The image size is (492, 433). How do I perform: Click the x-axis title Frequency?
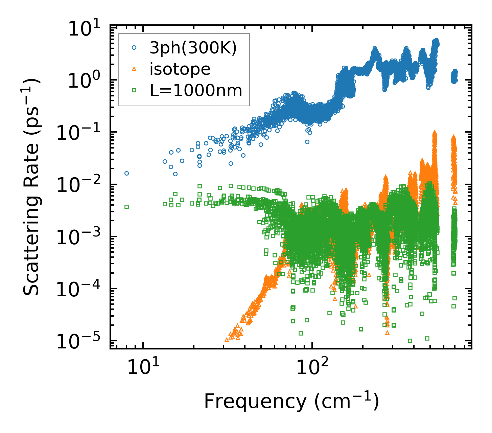[291, 402]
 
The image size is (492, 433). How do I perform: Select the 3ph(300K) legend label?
[193, 48]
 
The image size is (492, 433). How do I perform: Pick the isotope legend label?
[180, 69]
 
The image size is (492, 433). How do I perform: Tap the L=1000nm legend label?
[196, 90]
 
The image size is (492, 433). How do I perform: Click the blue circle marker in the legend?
[134, 48]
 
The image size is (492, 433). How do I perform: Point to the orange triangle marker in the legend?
[134, 69]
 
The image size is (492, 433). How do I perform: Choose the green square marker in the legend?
[134, 90]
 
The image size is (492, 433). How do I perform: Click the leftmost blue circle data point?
[126, 173]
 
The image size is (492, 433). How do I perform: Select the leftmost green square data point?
[126, 207]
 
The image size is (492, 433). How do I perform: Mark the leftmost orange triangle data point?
[227, 340]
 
